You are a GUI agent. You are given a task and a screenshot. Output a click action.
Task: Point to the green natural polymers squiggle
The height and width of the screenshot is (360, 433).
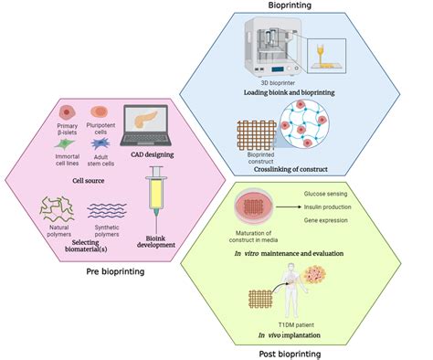point(57,208)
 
